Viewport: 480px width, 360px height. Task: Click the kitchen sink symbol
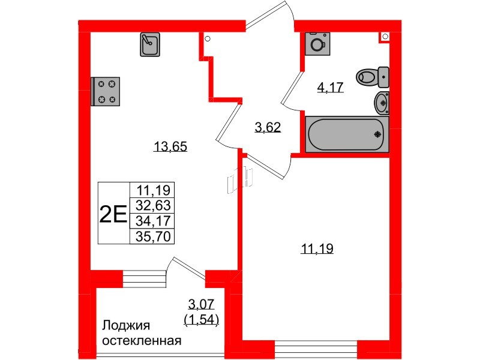[x=149, y=44]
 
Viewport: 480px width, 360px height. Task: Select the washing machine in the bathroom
[x=316, y=43]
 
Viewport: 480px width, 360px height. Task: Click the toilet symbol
[x=372, y=77]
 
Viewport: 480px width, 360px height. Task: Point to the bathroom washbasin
[x=382, y=103]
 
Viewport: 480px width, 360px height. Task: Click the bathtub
[x=346, y=134]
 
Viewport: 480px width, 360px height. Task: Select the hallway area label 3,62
[x=268, y=127]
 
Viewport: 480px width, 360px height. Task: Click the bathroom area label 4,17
[x=330, y=88]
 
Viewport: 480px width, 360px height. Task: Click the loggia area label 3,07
[x=200, y=304]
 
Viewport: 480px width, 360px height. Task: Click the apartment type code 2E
[x=113, y=213]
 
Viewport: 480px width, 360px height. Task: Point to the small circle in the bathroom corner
[x=382, y=38]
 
